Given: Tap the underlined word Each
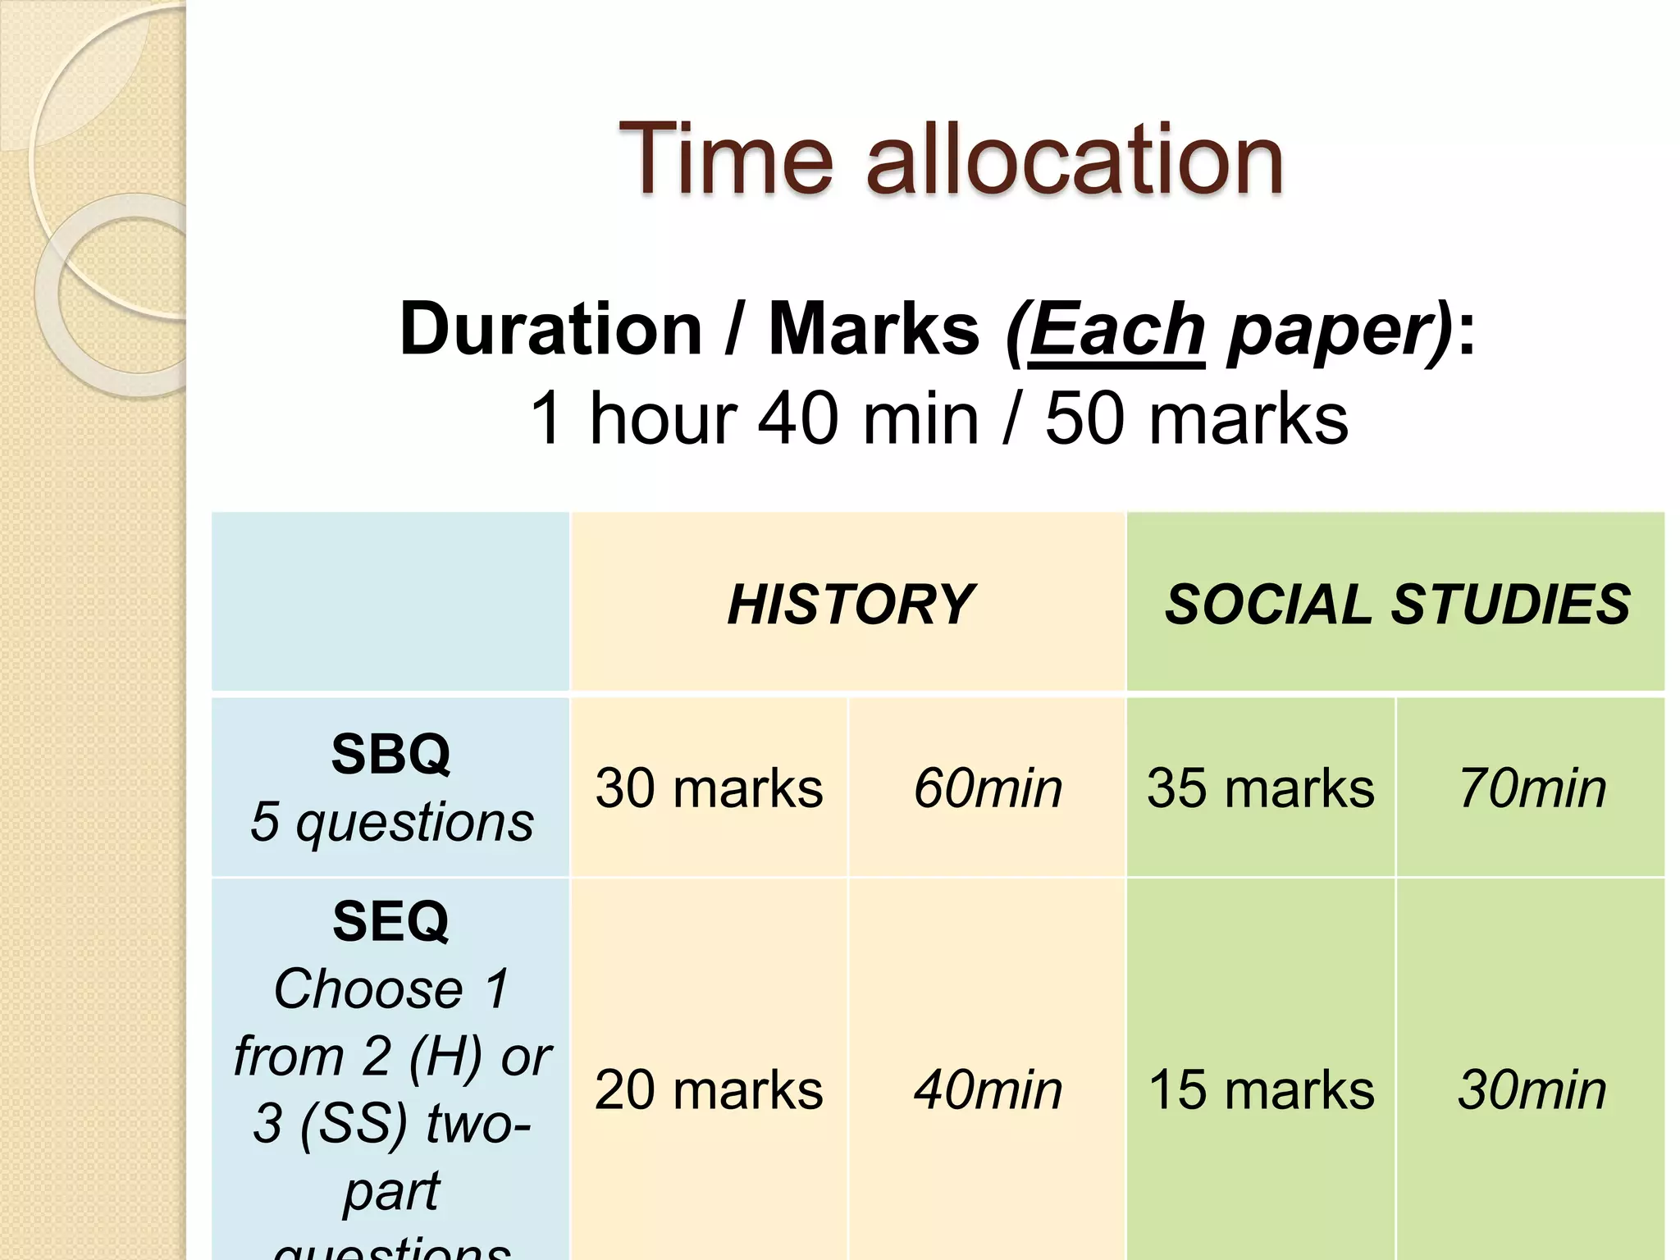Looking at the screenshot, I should pyautogui.click(x=1116, y=330).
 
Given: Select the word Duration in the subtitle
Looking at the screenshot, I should pyautogui.click(x=550, y=330).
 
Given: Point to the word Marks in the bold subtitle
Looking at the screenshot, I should pyautogui.click(x=874, y=330).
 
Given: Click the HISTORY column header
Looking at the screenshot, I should pyautogui.click(x=851, y=605).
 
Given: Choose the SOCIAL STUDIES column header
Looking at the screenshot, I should pyautogui.click(x=1397, y=605).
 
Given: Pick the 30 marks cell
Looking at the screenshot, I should pyautogui.click(x=709, y=788).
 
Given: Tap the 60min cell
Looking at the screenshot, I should pyautogui.click(x=988, y=788).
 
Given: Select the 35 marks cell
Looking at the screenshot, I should pyautogui.click(x=1261, y=788).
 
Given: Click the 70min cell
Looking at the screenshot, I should pyautogui.click(x=1532, y=788).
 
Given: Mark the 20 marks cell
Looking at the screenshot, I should pyautogui.click(x=709, y=1090).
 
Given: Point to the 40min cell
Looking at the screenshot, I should pyautogui.click(x=988, y=1090).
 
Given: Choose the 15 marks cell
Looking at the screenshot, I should pyautogui.click(x=1261, y=1090).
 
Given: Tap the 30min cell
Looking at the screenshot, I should pyautogui.click(x=1532, y=1090).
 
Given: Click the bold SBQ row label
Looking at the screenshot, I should pyautogui.click(x=390, y=754).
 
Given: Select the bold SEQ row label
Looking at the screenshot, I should pyautogui.click(x=390, y=921).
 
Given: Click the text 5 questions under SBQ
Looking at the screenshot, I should pyautogui.click(x=391, y=822).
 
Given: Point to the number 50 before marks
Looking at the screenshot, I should pyautogui.click(x=1084, y=418).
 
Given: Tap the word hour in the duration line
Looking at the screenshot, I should pyautogui.click(x=663, y=418).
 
